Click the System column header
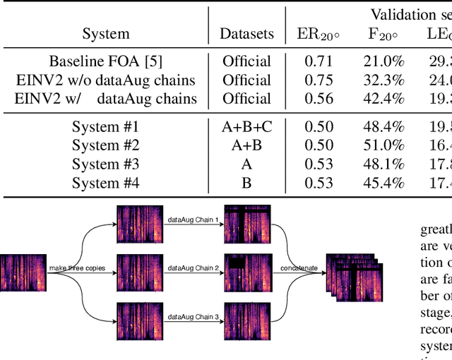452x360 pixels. pyautogui.click(x=106, y=34)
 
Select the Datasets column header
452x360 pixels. pyautogui.click(x=246, y=34)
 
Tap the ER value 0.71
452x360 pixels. pyautogui.click(x=318, y=61)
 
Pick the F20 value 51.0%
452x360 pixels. pyautogui.click(x=386, y=145)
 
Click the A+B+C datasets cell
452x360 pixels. pyautogui.click(x=246, y=127)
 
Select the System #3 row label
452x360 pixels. pyautogui.click(x=106, y=164)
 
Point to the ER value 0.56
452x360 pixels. pyautogui.click(x=318, y=99)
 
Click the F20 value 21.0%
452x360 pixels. pyautogui.click(x=386, y=61)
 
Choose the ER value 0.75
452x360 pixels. pyautogui.click(x=318, y=80)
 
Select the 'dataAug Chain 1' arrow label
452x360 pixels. pyautogui.click(x=193, y=220)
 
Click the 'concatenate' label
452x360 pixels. pyautogui.click(x=297, y=268)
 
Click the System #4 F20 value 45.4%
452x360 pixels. pyautogui.click(x=386, y=184)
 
